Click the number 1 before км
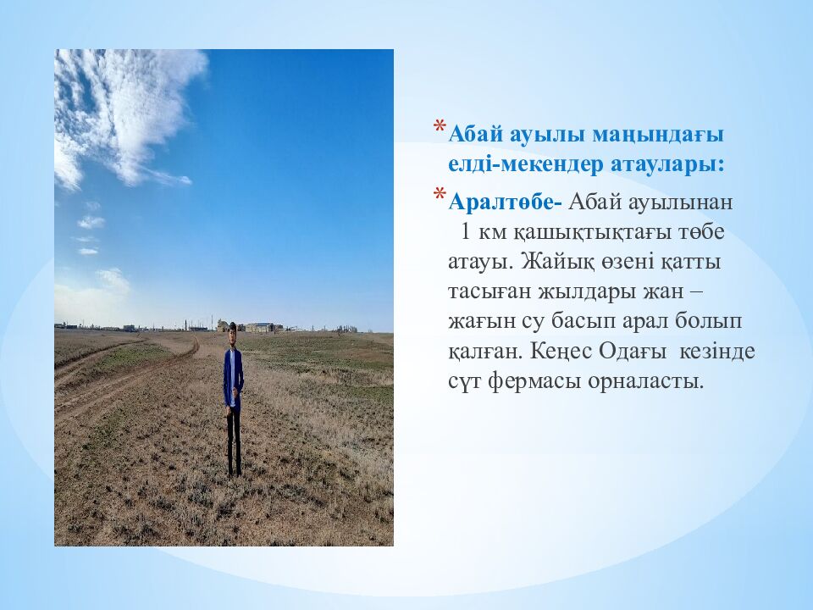(465, 232)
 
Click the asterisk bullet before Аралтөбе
(439, 197)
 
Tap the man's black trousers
(233, 441)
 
